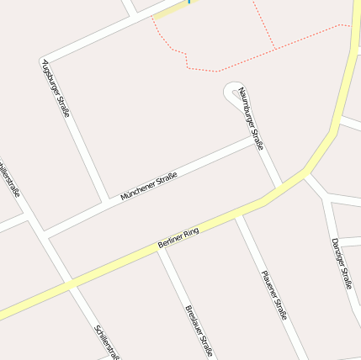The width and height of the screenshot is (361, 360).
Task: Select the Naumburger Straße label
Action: click(x=251, y=119)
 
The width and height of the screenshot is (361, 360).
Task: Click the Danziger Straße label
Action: click(x=341, y=263)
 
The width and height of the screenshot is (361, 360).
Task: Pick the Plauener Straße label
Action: click(x=274, y=294)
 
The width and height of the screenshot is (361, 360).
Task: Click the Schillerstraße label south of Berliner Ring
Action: click(x=108, y=341)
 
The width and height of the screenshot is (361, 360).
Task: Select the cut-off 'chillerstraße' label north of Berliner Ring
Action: click(x=10, y=180)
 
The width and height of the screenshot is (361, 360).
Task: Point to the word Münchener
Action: click(x=137, y=191)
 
